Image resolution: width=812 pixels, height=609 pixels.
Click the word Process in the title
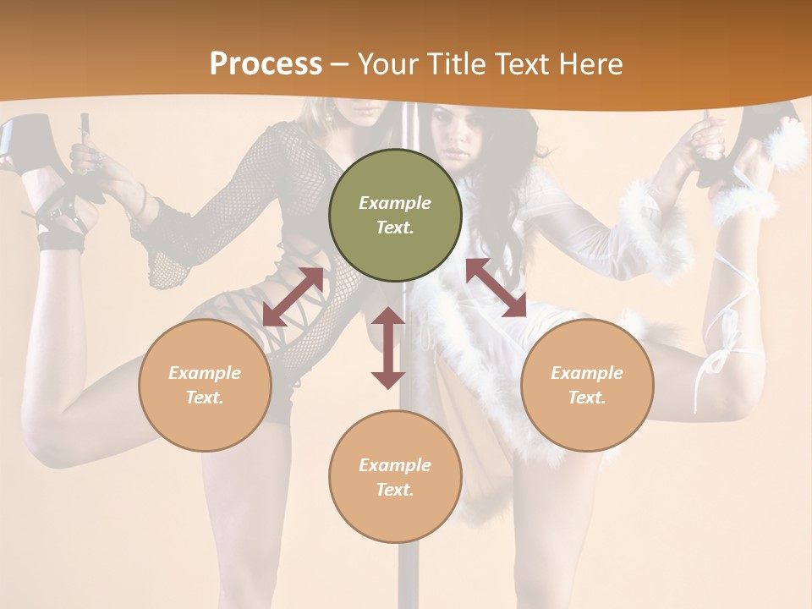[266, 64]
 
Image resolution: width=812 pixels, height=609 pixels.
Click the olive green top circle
[395, 215]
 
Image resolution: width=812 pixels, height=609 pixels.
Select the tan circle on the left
[205, 385]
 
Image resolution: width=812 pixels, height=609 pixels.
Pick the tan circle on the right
[586, 385]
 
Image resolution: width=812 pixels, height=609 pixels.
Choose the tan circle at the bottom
[395, 477]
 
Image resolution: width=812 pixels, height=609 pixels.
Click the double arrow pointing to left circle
[293, 297]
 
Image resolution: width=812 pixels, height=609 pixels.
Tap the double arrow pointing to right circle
[496, 288]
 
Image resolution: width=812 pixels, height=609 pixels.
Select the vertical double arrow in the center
[388, 348]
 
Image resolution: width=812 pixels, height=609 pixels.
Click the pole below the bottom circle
[409, 575]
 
